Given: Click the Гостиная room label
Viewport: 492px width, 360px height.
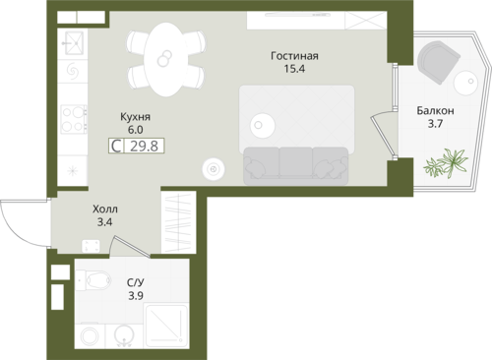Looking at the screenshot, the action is [294, 56].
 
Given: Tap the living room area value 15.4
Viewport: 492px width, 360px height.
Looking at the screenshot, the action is [294, 69].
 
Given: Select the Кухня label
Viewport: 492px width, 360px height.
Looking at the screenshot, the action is [135, 117].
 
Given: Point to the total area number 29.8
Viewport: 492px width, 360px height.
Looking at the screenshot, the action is [144, 146].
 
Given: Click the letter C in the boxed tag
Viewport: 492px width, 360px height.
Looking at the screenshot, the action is [116, 146].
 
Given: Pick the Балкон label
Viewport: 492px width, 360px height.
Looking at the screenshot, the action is [435, 111].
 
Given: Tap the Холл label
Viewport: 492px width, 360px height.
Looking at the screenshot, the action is [105, 209].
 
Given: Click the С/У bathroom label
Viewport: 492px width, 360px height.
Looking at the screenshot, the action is [135, 282].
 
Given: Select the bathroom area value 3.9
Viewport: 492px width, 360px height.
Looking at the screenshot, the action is [135, 296].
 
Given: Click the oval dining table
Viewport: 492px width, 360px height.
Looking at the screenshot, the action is [166, 59].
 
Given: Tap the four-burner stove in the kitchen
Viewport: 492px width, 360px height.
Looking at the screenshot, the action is [74, 119].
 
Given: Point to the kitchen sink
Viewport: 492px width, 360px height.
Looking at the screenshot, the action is [75, 43].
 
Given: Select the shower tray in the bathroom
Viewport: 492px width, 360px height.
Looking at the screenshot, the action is [166, 326].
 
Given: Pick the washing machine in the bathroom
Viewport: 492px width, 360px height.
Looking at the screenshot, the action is [90, 336].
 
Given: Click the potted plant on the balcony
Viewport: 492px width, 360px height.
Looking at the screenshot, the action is [446, 162].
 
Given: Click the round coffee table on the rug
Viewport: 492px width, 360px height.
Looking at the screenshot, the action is [263, 125].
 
